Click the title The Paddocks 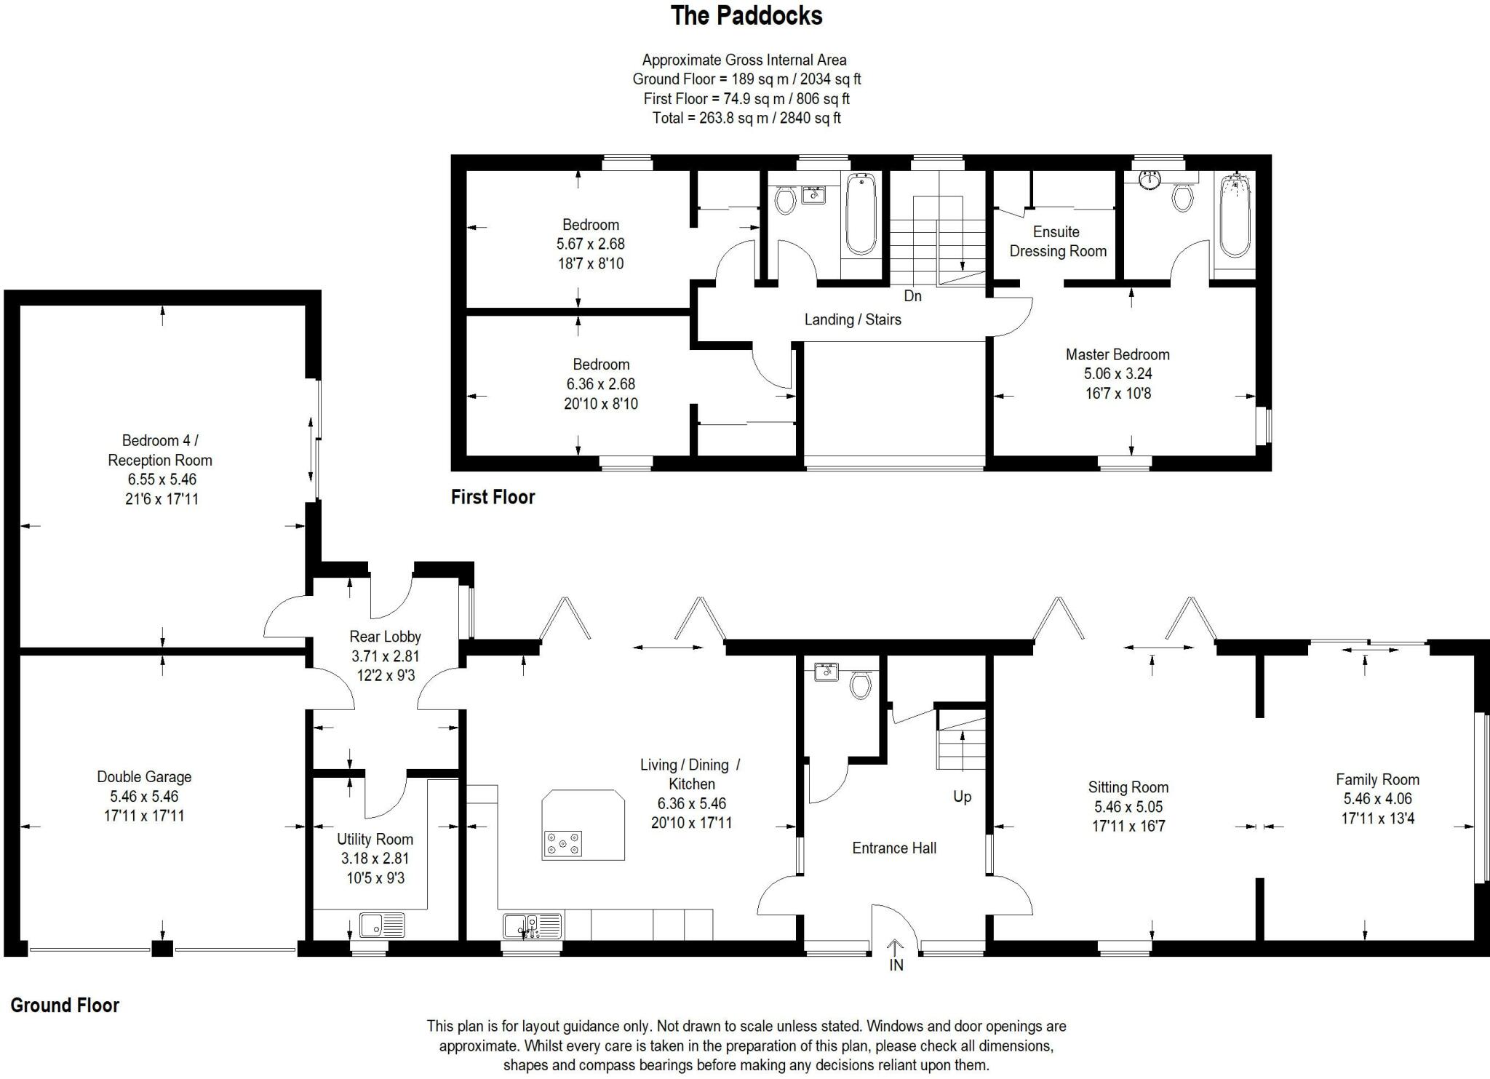(746, 16)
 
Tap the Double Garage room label (144, 777)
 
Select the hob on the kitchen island (562, 843)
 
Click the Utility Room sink (382, 925)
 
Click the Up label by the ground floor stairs (962, 797)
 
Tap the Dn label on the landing (912, 296)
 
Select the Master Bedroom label (1117, 355)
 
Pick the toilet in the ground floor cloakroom (860, 685)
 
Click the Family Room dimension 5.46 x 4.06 (1377, 799)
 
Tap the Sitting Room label (1128, 787)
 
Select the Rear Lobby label (385, 637)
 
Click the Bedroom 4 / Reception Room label (159, 450)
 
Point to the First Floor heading (493, 498)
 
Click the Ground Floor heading (65, 1006)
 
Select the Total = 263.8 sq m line (746, 118)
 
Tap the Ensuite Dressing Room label (1057, 242)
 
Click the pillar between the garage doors (162, 949)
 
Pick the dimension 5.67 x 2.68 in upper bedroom (590, 244)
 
